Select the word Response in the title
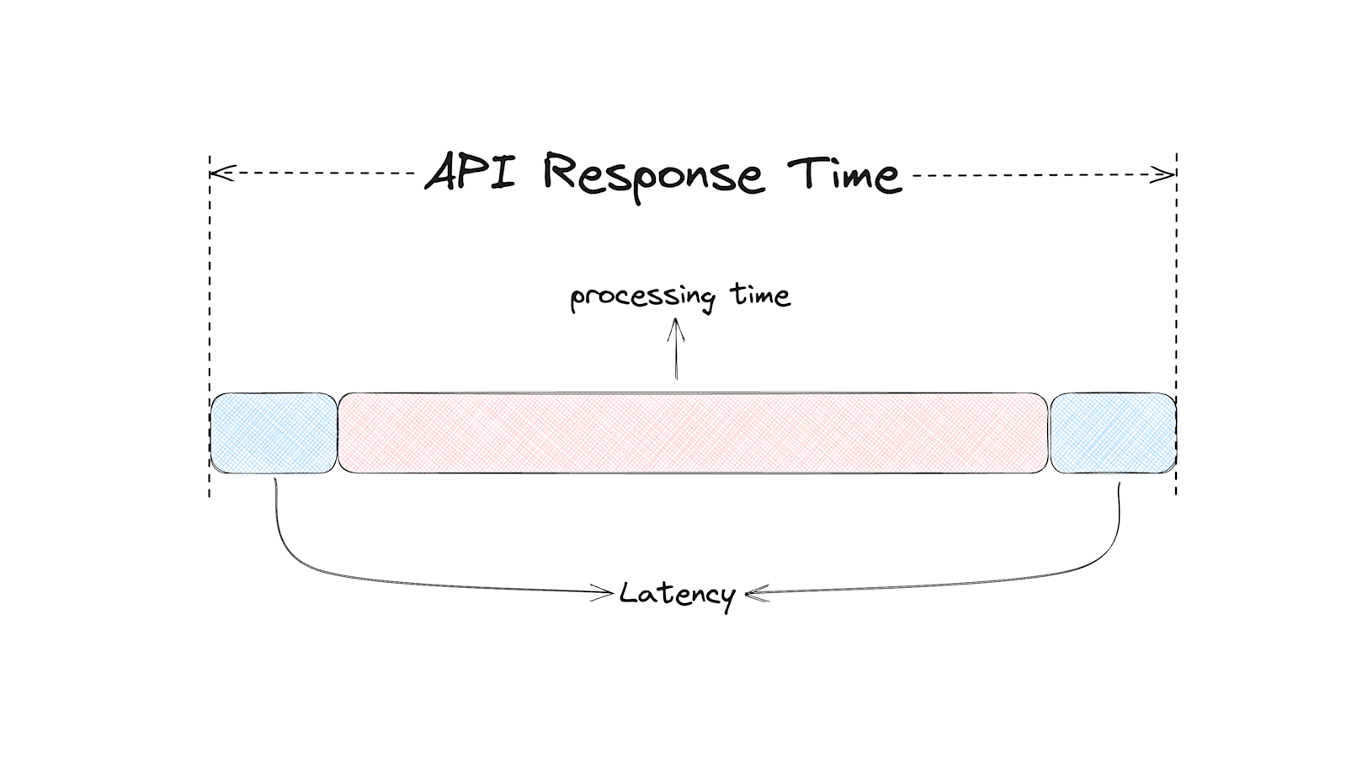(x=653, y=175)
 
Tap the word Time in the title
(x=844, y=174)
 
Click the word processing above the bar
(x=641, y=297)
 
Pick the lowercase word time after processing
(x=760, y=295)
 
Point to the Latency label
(x=678, y=594)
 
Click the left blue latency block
(x=274, y=433)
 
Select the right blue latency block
(x=1113, y=433)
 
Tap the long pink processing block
(x=693, y=433)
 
